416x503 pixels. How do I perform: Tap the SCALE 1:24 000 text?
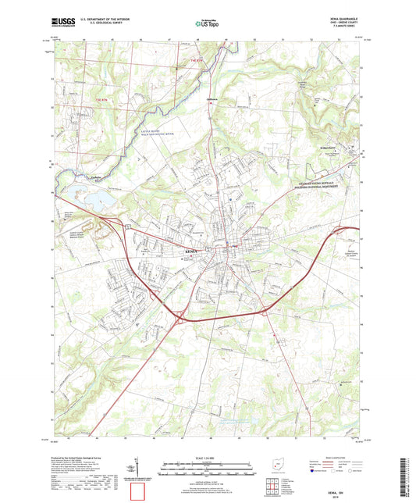click(x=207, y=456)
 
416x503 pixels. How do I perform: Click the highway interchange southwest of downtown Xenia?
click(x=182, y=317)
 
